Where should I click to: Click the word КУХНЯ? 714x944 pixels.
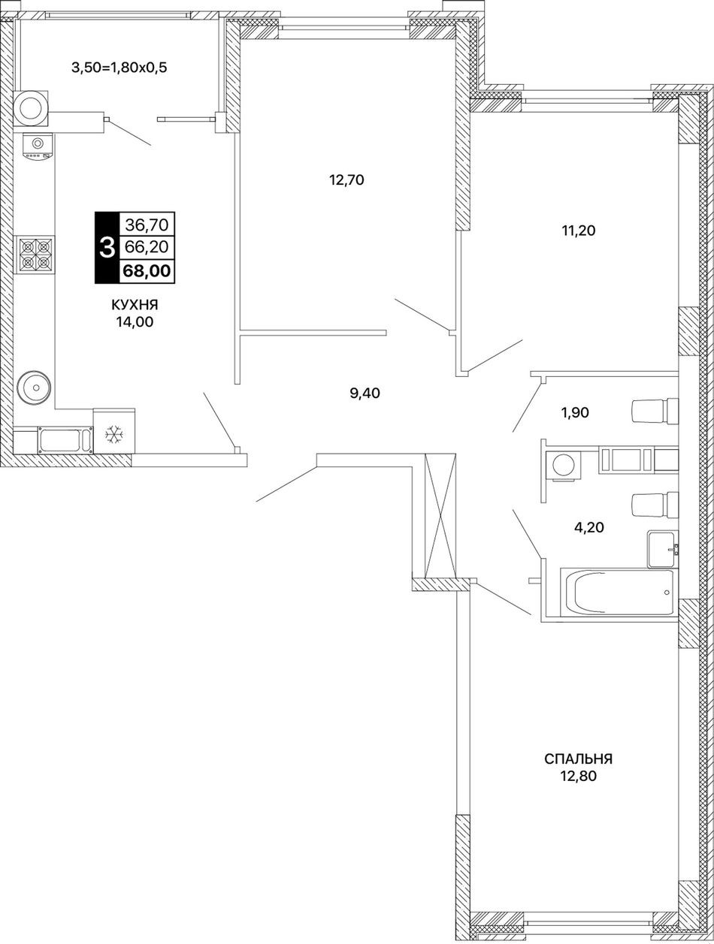coord(135,305)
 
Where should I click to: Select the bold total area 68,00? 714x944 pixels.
coord(147,271)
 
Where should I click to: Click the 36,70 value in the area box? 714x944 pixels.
coord(147,224)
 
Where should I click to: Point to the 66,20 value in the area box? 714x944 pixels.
coord(147,247)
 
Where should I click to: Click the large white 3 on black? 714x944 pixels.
coord(107,248)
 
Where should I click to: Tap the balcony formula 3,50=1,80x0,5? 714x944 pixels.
coord(120,68)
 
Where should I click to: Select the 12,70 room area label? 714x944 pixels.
coord(346,179)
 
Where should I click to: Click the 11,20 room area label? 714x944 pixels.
coord(579,231)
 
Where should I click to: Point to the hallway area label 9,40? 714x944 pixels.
coord(365,393)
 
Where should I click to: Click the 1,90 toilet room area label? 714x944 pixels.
coord(575,413)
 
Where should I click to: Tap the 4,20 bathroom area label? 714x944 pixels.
coord(589,527)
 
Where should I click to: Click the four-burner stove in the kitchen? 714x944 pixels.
coord(35,255)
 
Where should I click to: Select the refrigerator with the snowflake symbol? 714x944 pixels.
coord(114,430)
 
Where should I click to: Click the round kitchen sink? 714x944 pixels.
coord(35,388)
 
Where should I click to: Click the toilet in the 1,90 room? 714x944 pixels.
coord(655,410)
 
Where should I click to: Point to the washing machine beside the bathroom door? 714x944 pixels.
coord(563,466)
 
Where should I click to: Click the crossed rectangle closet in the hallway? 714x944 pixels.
coord(440,516)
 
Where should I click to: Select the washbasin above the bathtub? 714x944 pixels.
coord(663,550)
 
